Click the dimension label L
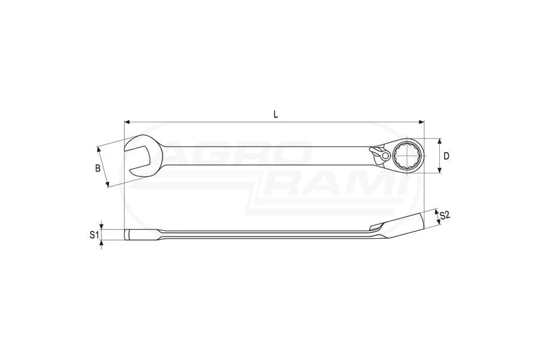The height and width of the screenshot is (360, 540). (275, 115)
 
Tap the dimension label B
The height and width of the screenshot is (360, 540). (98, 169)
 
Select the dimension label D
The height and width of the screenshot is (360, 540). (446, 156)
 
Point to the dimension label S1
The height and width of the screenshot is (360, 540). (94, 235)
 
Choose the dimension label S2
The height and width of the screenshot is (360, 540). (445, 215)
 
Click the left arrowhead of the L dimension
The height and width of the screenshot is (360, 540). (127, 122)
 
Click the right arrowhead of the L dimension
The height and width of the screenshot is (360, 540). (421, 122)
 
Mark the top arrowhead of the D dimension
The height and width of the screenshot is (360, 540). (439, 141)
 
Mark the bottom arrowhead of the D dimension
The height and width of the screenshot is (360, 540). (439, 170)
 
